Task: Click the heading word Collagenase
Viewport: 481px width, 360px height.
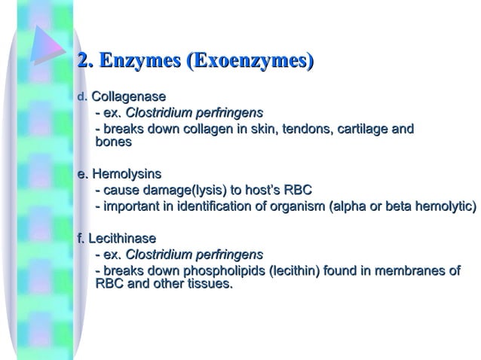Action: click(x=128, y=97)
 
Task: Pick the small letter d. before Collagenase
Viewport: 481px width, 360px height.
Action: click(x=83, y=98)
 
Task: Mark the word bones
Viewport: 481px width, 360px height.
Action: click(x=114, y=142)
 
